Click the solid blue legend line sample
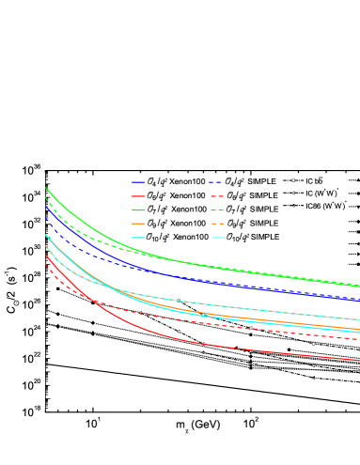pos(138,182)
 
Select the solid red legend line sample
pos(138,196)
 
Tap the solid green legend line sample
pos(138,210)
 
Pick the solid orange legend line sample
pos(138,224)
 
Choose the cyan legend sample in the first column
pos(138,238)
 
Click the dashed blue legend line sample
pos(216,182)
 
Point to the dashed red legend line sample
pos(216,196)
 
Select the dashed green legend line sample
pos(216,210)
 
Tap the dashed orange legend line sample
pos(216,224)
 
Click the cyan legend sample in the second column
pos(218,238)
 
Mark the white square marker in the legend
pos(293,180)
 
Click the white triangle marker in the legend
pos(293,193)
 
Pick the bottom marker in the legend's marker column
pos(293,206)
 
